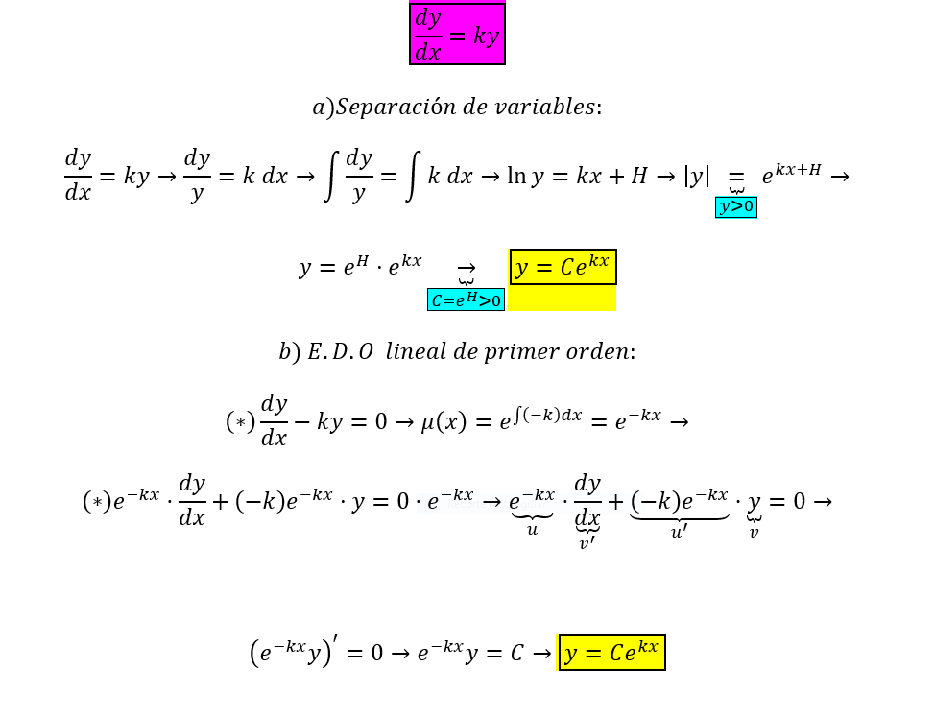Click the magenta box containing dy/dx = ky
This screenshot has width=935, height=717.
point(457,34)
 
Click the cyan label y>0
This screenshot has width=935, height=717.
point(736,207)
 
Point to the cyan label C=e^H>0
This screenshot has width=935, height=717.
point(466,299)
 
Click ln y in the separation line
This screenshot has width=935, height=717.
point(525,177)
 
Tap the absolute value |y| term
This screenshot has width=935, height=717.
point(697,177)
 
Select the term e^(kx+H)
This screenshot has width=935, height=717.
point(791,174)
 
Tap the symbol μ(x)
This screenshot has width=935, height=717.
point(444,422)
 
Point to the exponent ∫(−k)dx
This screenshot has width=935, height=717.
point(547,415)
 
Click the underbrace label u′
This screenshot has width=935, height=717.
point(680,532)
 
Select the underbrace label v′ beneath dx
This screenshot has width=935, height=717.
point(587,543)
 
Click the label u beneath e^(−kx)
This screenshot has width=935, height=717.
point(533,529)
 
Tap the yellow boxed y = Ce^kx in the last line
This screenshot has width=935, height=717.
point(611,653)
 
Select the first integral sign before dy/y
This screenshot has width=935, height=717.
point(331,177)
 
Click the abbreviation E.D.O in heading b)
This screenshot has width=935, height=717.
point(341,351)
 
